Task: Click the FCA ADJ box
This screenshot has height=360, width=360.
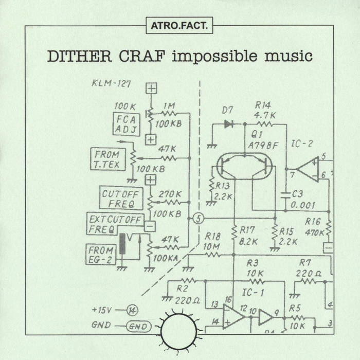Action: (x=127, y=124)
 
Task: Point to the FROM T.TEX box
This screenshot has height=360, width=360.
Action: (x=107, y=158)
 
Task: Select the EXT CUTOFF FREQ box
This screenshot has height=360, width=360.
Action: (x=115, y=225)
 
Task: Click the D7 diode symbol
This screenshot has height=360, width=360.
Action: (x=228, y=123)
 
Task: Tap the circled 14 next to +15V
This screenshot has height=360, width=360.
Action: (x=133, y=310)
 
